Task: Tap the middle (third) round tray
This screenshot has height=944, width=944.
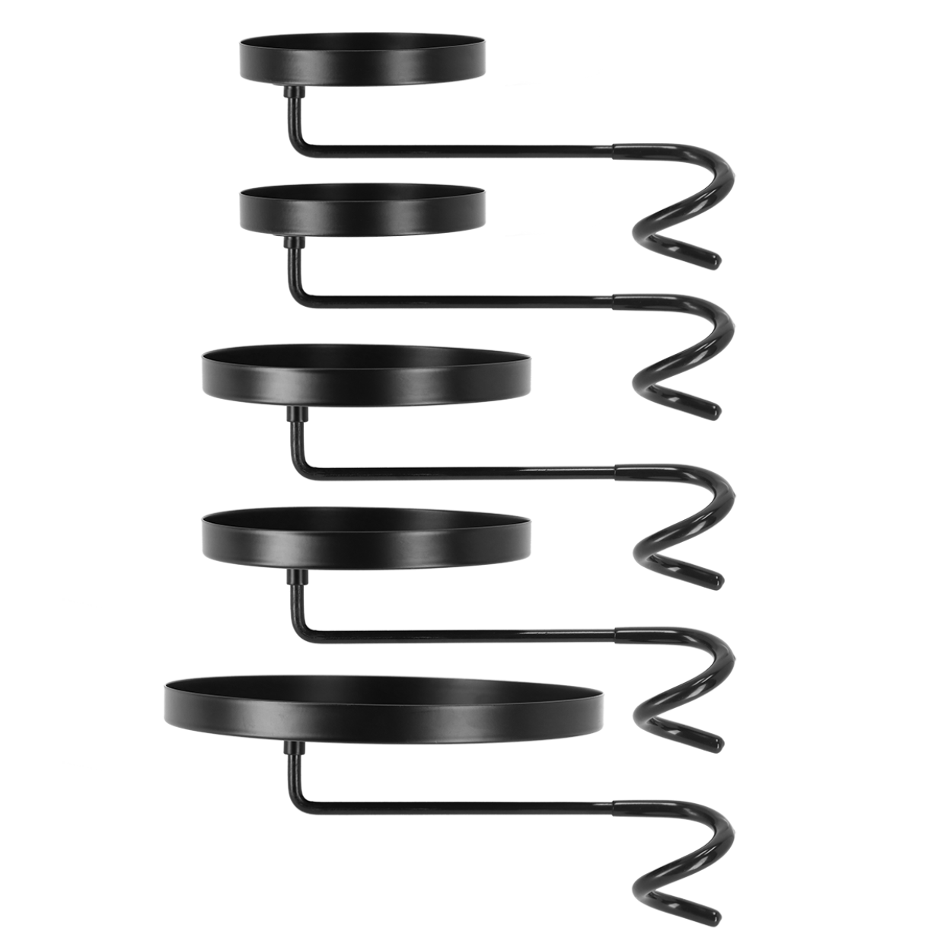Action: [x=366, y=376]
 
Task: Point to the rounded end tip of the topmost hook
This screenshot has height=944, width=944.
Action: [x=713, y=261]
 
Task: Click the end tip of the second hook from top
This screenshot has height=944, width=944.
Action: [x=713, y=412]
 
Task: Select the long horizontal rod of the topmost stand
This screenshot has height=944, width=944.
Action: [x=457, y=152]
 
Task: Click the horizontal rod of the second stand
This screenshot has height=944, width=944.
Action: [x=457, y=303]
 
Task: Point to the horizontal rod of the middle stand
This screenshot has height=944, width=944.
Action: [x=457, y=474]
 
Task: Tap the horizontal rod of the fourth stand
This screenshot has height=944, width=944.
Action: [x=457, y=633]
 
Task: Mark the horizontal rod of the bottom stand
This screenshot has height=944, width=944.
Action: [x=457, y=805]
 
